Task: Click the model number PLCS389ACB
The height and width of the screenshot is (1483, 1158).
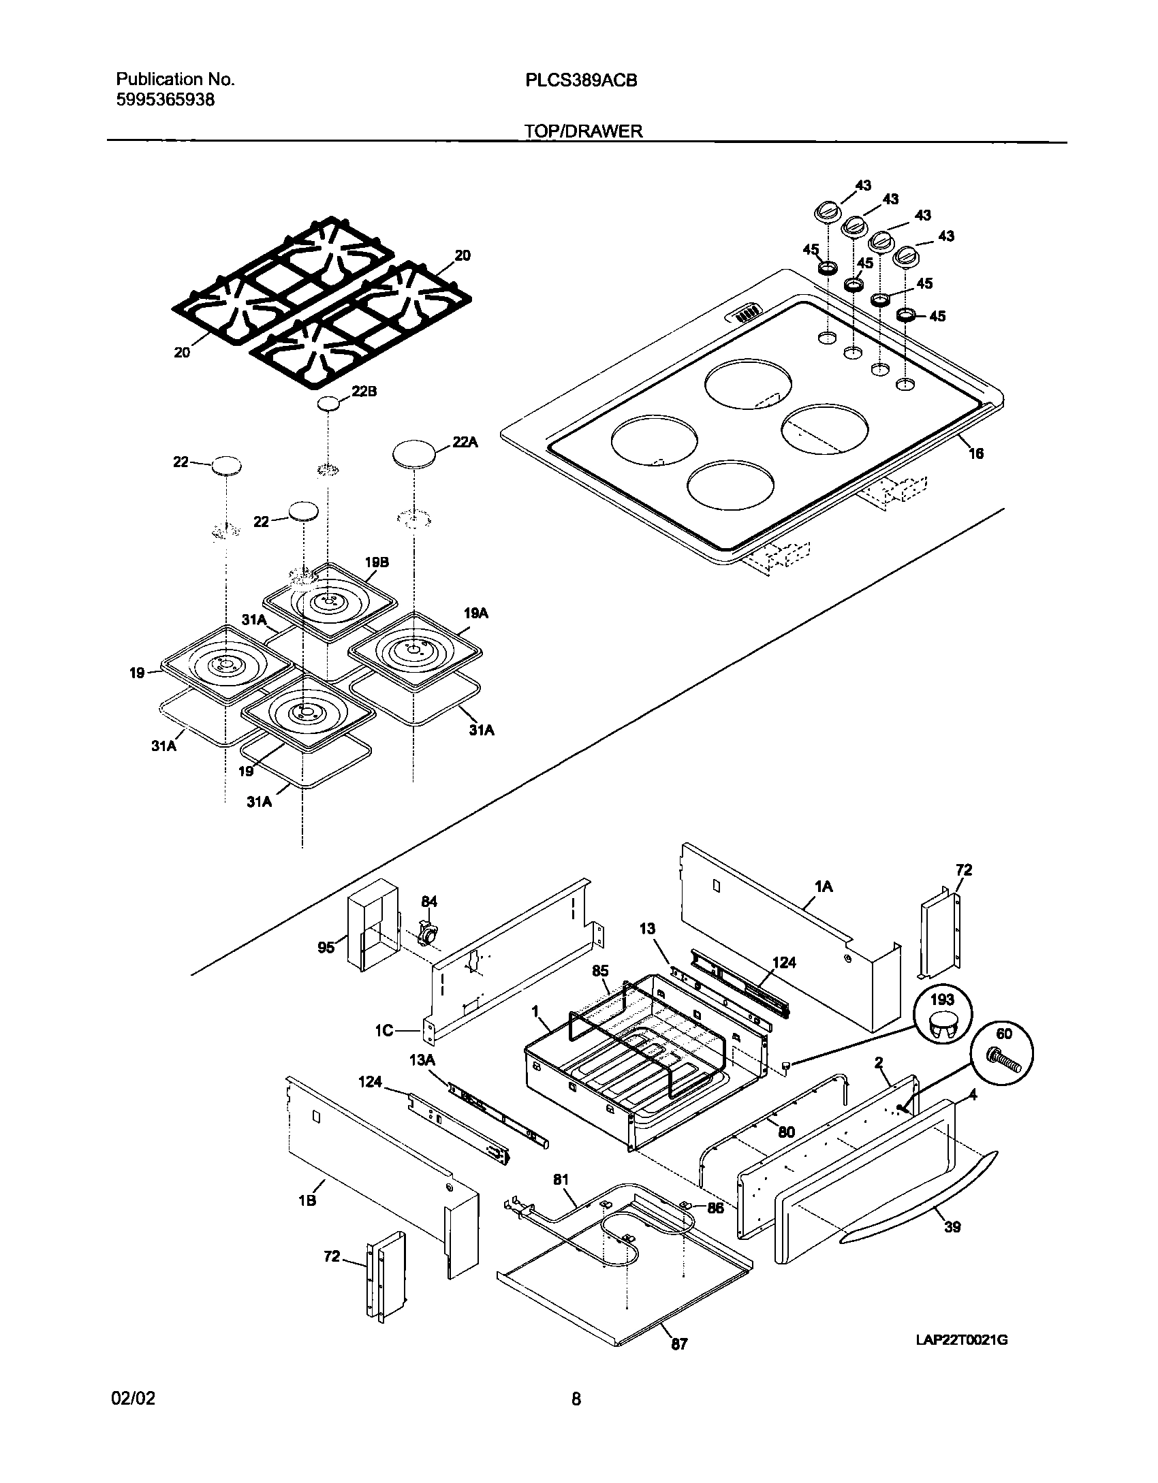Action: pyautogui.click(x=581, y=80)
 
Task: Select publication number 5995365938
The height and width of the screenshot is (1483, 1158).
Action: pyautogui.click(x=166, y=100)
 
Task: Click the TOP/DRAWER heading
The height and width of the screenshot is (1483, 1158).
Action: pyautogui.click(x=584, y=131)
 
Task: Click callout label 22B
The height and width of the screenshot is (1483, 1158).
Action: pyautogui.click(x=364, y=392)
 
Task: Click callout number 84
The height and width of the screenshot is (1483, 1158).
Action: pyautogui.click(x=428, y=902)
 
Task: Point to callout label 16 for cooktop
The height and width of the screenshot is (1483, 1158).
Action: pyautogui.click(x=976, y=453)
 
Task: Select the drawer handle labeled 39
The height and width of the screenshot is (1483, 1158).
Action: pyautogui.click(x=920, y=1198)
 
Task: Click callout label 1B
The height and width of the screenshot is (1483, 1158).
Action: pyautogui.click(x=307, y=1200)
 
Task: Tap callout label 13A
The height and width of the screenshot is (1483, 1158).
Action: pyautogui.click(x=422, y=1059)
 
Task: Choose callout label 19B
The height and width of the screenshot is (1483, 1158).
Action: pyautogui.click(x=376, y=562)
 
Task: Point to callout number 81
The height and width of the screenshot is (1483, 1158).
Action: pyautogui.click(x=560, y=1179)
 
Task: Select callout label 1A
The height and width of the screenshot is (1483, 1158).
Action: pyautogui.click(x=823, y=887)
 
